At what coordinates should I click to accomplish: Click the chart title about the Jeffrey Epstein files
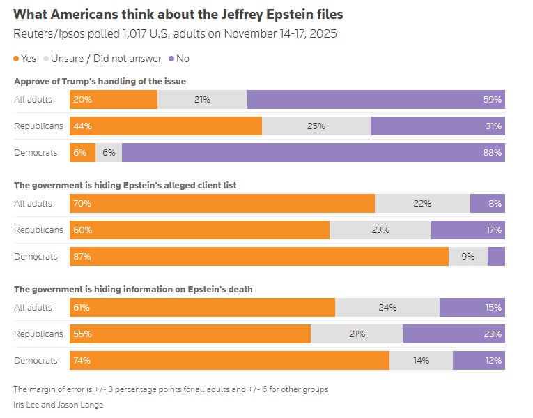tap(178, 14)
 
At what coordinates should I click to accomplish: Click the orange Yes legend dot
tap(17, 59)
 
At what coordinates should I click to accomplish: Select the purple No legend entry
tap(178, 59)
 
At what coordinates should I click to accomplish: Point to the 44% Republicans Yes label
tap(82, 126)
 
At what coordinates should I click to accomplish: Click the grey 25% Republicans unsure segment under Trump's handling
tap(316, 126)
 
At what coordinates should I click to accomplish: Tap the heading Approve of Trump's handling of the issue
tap(100, 82)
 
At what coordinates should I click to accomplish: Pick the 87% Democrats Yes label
tap(82, 256)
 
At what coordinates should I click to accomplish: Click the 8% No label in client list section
tap(495, 204)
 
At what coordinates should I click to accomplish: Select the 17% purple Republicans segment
tap(468, 230)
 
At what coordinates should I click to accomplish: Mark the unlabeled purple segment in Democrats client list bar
tap(496, 256)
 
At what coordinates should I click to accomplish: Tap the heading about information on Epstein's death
tap(133, 289)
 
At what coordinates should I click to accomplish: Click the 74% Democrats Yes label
tap(82, 361)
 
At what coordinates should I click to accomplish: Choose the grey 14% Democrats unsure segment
tap(421, 361)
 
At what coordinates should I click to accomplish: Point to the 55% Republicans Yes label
tap(82, 334)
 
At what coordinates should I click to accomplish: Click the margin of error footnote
tap(171, 389)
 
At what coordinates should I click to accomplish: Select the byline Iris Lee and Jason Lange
tap(59, 405)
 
